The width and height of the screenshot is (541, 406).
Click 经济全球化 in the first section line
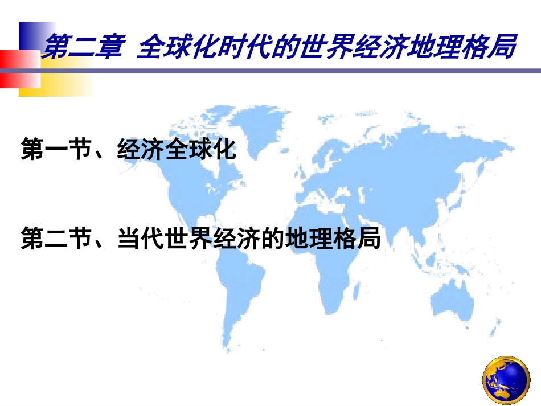pos(176,151)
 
